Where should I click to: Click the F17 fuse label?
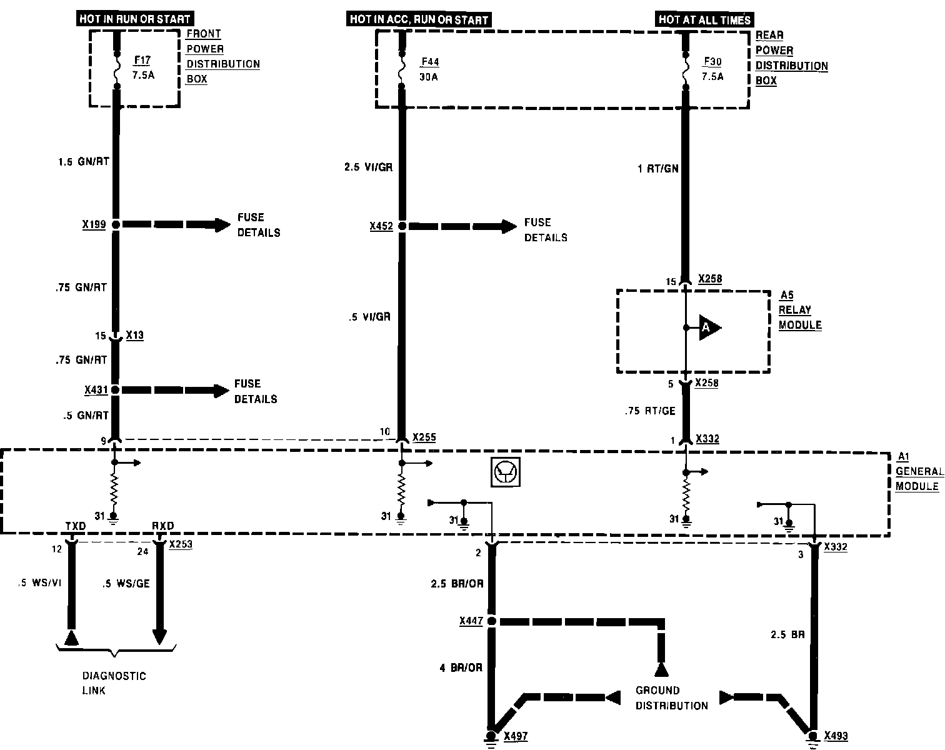pyautogui.click(x=142, y=61)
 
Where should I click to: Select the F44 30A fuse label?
pyautogui.click(x=429, y=69)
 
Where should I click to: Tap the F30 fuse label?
pyautogui.click(x=712, y=69)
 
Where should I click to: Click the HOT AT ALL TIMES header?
pyautogui.click(x=704, y=20)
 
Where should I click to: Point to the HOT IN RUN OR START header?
pyautogui.click(x=134, y=19)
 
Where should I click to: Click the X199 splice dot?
pyautogui.click(x=116, y=224)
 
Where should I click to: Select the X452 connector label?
pyautogui.click(x=381, y=226)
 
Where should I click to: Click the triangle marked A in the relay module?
pyautogui.click(x=708, y=327)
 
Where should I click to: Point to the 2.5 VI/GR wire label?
pyautogui.click(x=369, y=167)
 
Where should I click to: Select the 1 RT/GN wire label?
pyautogui.click(x=657, y=168)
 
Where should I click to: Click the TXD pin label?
pyautogui.click(x=76, y=526)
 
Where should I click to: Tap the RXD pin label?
pyautogui.click(x=162, y=526)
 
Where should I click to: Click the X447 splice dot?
pyautogui.click(x=491, y=621)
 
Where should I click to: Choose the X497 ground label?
pyautogui.click(x=515, y=736)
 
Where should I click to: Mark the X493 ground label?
pyautogui.click(x=836, y=736)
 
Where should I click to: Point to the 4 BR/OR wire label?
pyautogui.click(x=461, y=668)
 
